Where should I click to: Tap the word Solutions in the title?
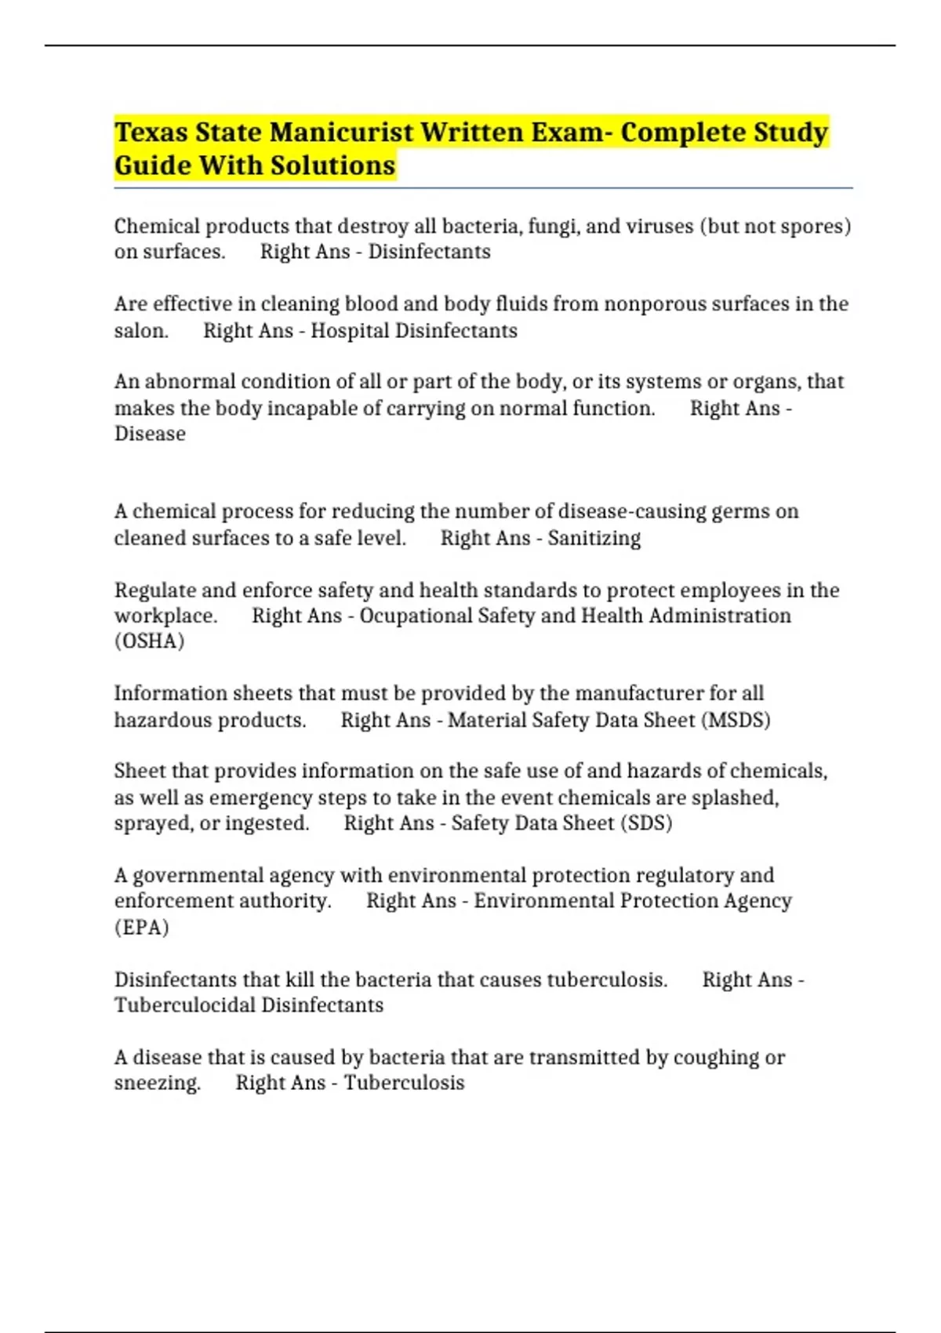coord(333,166)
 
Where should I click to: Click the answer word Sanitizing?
coord(594,539)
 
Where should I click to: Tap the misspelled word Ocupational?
coord(416,616)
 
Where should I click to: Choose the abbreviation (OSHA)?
coord(149,641)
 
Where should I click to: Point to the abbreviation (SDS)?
coord(646,823)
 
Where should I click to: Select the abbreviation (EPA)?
coord(142,928)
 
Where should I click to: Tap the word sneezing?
coord(157,1083)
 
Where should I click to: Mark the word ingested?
coord(267,823)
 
